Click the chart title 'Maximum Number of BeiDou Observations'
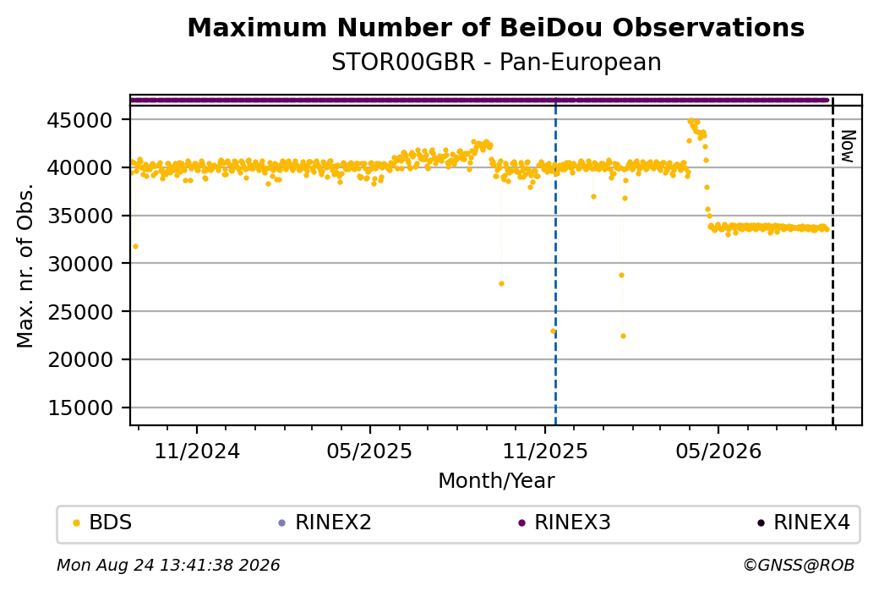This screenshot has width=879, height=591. click(495, 27)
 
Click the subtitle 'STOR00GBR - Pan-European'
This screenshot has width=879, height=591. click(496, 62)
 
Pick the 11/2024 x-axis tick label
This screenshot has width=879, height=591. click(197, 451)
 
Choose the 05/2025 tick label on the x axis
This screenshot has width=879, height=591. click(369, 451)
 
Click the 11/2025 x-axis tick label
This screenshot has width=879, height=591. click(544, 451)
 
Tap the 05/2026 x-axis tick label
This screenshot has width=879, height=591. click(718, 451)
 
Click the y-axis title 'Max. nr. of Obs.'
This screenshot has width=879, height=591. click(25, 265)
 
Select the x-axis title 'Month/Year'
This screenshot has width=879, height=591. click(496, 480)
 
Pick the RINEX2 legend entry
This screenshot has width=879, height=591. click(325, 523)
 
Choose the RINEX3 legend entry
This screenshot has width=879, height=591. click(564, 523)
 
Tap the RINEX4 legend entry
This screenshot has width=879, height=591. click(803, 523)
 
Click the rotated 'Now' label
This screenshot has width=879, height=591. click(849, 146)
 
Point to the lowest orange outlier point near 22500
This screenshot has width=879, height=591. click(623, 337)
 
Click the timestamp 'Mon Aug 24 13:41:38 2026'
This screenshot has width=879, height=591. click(168, 565)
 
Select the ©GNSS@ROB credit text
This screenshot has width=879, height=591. click(799, 565)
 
